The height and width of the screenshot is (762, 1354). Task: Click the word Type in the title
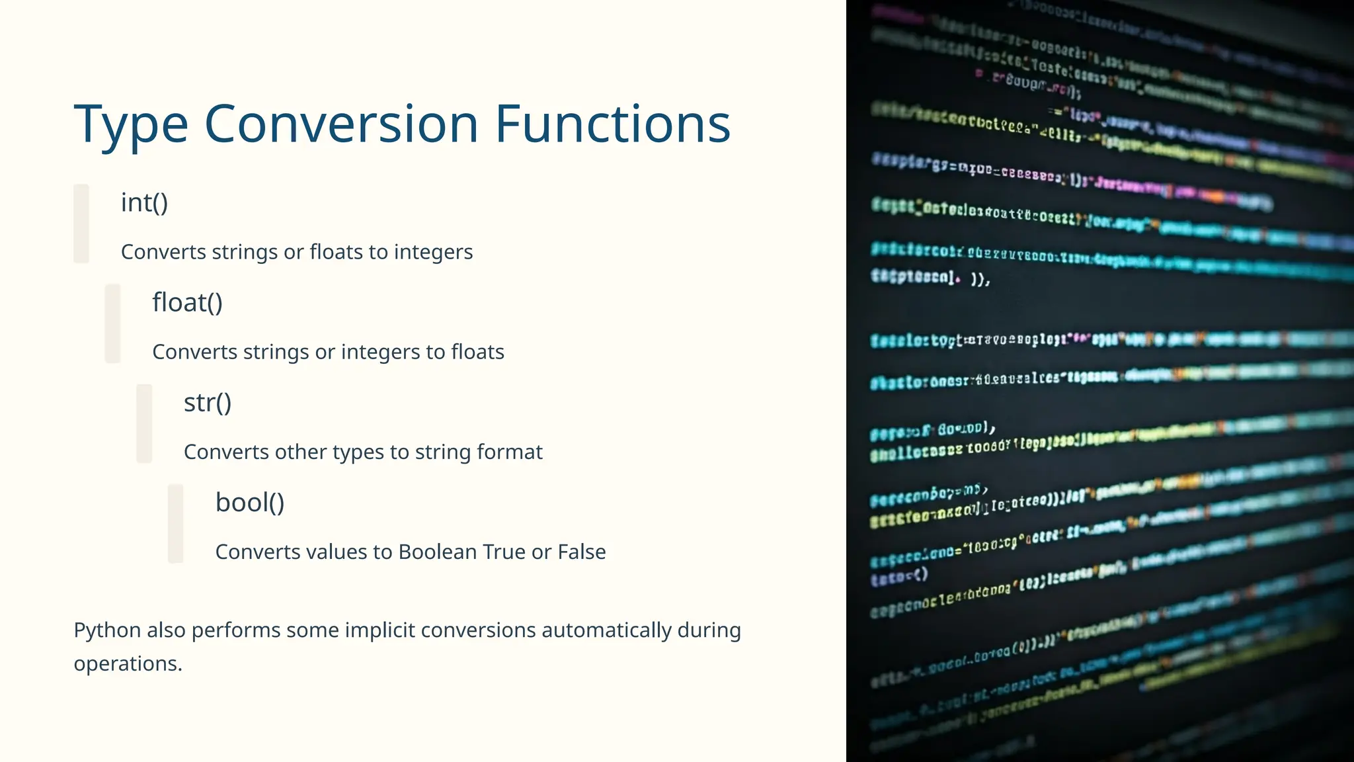[131, 126]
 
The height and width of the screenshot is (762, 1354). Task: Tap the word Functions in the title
[612, 124]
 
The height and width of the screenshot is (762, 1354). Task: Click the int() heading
[144, 202]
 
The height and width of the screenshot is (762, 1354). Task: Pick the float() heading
[187, 302]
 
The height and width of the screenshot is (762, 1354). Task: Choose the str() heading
[208, 402]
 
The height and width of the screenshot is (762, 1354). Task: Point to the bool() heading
[250, 503]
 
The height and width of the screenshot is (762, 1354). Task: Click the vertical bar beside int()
[81, 224]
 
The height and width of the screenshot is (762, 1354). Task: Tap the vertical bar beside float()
[113, 323]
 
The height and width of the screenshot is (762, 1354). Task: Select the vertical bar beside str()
[144, 423]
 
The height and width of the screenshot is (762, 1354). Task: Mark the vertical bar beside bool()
[176, 523]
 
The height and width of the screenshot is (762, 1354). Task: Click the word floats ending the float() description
[477, 352]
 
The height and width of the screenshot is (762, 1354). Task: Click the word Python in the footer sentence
[107, 630]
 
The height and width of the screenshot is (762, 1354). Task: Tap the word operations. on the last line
[128, 663]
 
